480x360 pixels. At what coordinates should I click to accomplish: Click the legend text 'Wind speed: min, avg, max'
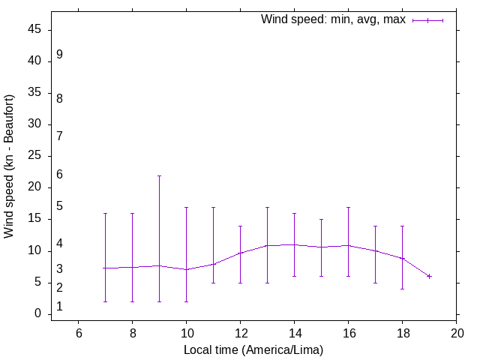click(333, 19)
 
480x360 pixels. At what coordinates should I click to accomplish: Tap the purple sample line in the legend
click(427, 20)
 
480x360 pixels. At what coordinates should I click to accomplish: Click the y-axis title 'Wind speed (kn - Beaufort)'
click(9, 166)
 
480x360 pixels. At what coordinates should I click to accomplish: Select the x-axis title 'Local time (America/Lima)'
click(253, 349)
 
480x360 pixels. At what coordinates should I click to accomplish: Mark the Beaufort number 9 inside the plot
click(59, 55)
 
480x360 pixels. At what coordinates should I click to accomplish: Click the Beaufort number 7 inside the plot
click(59, 136)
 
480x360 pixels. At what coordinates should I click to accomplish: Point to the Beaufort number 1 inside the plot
click(59, 307)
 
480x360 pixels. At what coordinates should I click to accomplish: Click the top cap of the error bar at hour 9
click(159, 175)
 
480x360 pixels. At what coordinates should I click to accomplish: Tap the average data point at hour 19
click(429, 276)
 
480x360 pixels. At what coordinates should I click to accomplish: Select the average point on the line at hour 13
click(267, 245)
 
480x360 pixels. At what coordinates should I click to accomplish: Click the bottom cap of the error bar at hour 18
click(402, 289)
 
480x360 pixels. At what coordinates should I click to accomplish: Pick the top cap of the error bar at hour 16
click(348, 207)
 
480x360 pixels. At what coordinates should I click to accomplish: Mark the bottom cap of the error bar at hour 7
click(105, 301)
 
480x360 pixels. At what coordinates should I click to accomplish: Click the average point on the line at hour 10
click(186, 269)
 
